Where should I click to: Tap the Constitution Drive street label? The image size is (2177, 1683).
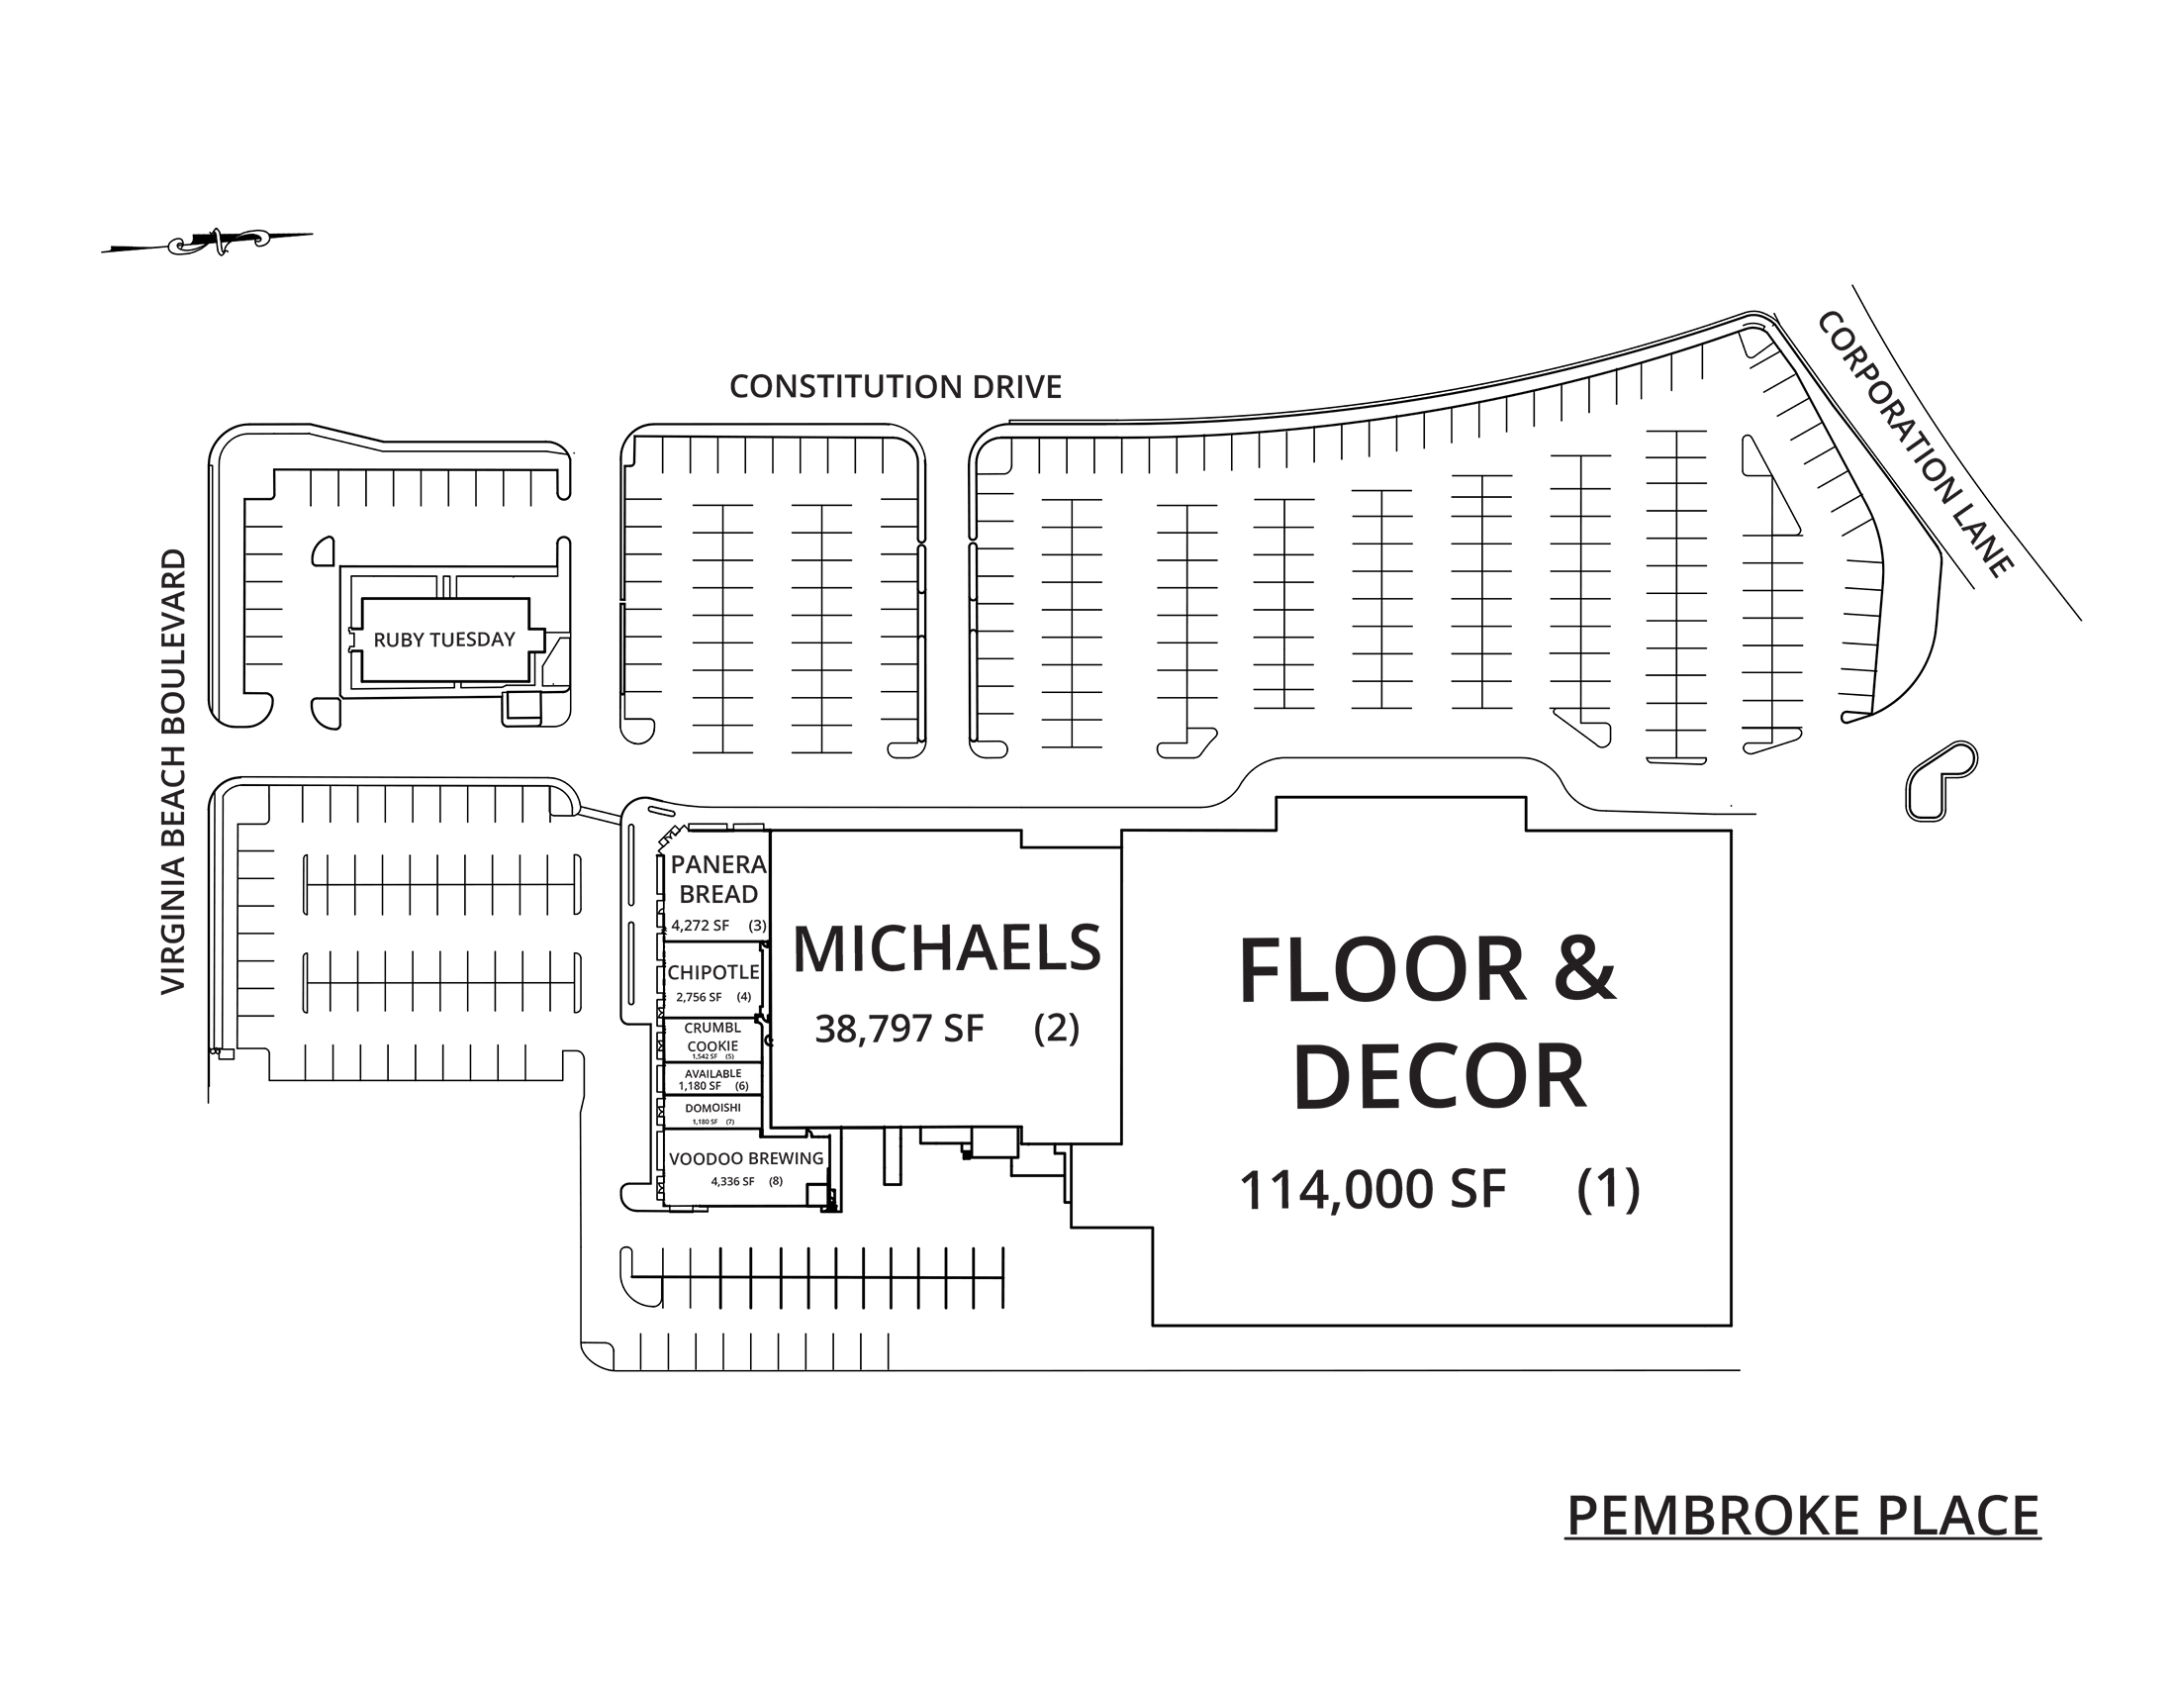tap(896, 387)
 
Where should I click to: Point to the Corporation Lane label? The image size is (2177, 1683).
tap(1914, 445)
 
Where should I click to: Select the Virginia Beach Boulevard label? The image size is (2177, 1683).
tap(173, 772)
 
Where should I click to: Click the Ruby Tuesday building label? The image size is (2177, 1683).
tap(443, 641)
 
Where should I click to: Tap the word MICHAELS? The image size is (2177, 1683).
tap(946, 949)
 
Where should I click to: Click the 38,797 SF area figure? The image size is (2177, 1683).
tap(899, 1029)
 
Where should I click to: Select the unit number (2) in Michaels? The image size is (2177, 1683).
tap(1057, 1028)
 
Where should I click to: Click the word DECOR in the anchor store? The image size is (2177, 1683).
tap(1439, 1078)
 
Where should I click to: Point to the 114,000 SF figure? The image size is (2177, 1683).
tap(1372, 1190)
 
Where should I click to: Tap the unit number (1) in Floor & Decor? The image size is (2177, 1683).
tap(1608, 1189)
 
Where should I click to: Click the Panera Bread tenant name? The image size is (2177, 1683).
tap(717, 879)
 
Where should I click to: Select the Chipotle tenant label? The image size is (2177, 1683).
tap(712, 972)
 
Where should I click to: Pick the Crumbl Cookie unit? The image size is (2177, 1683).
tap(712, 1037)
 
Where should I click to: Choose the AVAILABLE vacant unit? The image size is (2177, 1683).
tap(712, 1075)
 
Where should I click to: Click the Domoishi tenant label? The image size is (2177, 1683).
tap(712, 1109)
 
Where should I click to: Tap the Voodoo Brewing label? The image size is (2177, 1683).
tap(745, 1158)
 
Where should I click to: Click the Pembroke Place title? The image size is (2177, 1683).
tap(1802, 1517)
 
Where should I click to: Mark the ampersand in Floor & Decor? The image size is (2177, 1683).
tap(1584, 970)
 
